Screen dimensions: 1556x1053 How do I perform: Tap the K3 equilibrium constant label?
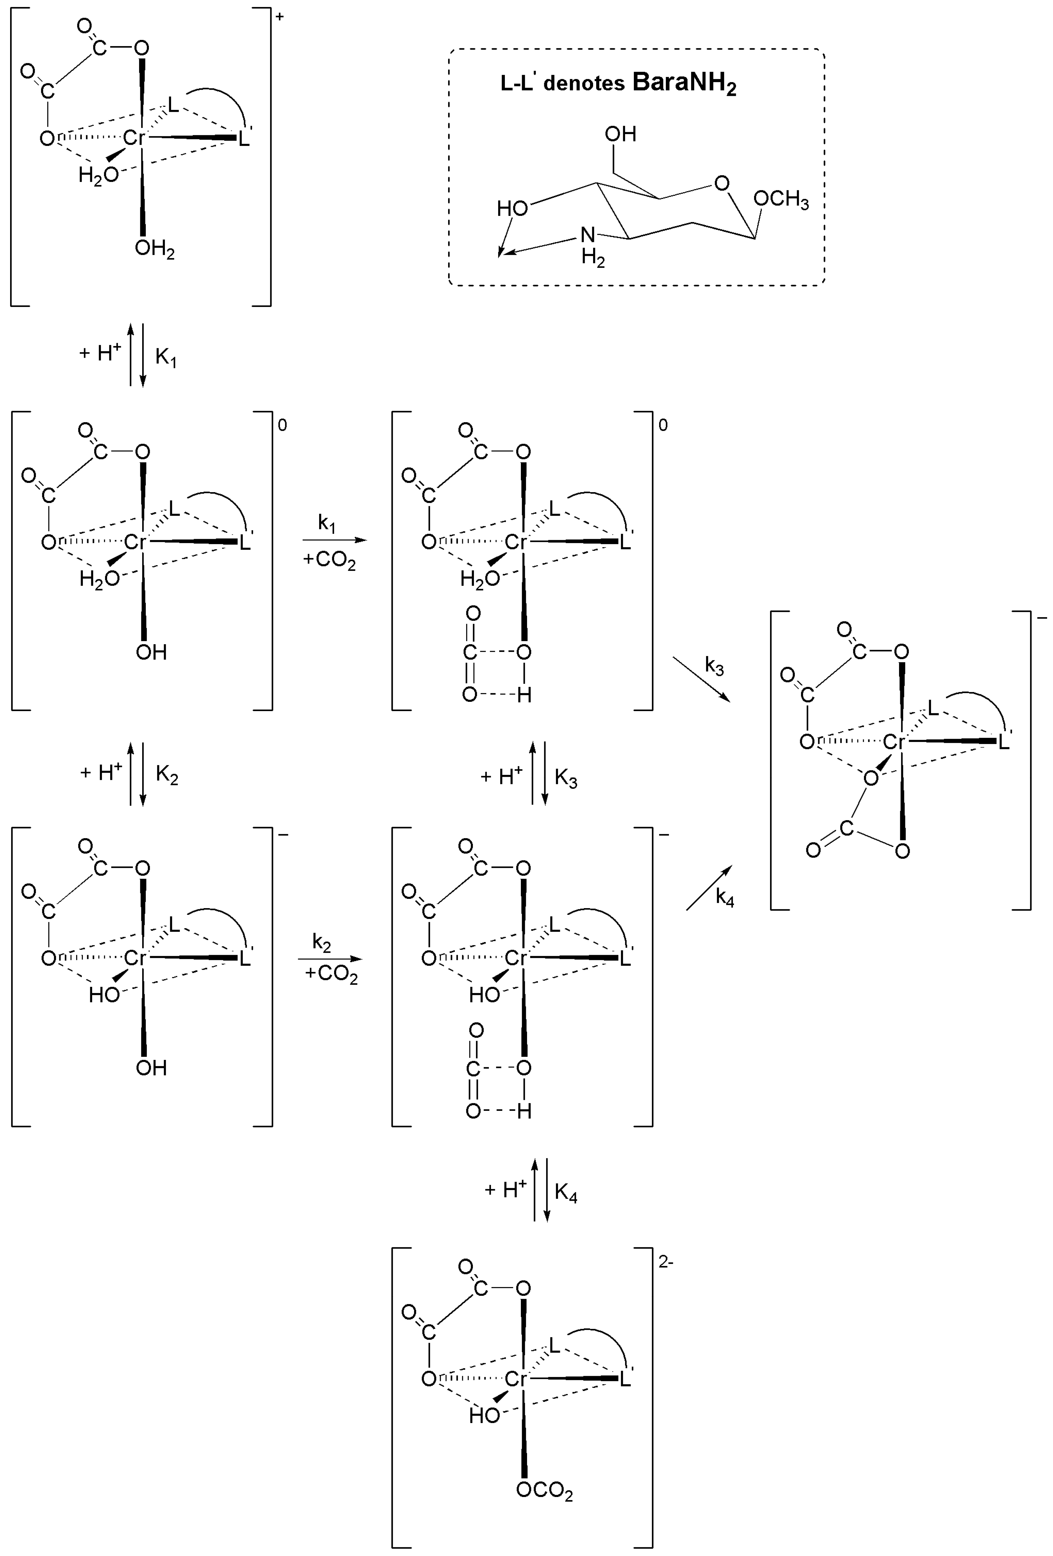click(566, 779)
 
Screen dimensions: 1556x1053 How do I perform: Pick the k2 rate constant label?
click(321, 943)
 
